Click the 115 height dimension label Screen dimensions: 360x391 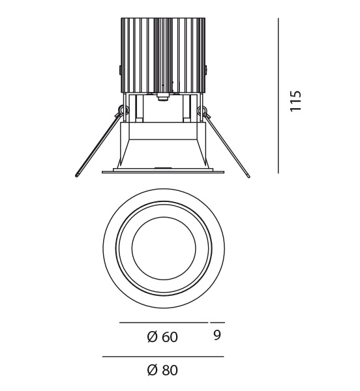(x=296, y=101)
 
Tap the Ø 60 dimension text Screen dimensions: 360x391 (x=162, y=337)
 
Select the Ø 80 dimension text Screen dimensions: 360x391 (x=162, y=370)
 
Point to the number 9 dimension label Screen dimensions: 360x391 (x=217, y=336)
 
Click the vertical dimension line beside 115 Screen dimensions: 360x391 (x=278, y=96)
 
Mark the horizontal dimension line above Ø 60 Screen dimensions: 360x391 (x=164, y=323)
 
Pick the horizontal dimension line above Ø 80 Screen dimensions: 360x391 (x=163, y=356)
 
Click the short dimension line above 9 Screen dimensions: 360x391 (x=217, y=323)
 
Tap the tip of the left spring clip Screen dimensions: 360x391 (x=76, y=175)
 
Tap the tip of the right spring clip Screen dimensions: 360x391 (x=248, y=176)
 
